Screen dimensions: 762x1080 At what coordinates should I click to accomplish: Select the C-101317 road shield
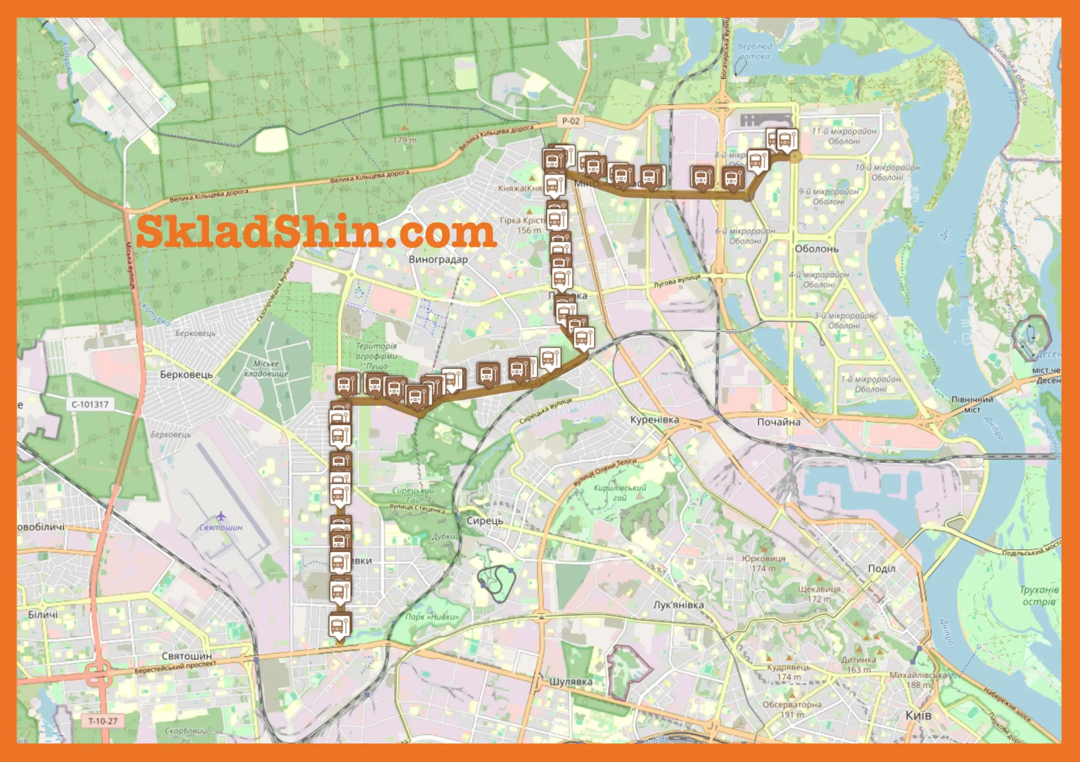(90, 404)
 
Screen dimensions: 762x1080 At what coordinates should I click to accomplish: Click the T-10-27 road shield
(103, 721)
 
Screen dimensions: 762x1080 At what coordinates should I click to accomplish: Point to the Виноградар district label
(438, 259)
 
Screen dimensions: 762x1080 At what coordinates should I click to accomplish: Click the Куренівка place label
(654, 420)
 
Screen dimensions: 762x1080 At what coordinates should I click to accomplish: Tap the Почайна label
(778, 422)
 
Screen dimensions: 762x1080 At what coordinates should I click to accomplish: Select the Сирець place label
(485, 521)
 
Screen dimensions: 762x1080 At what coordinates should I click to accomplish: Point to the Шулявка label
(571, 681)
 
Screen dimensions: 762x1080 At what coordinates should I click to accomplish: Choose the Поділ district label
(881, 569)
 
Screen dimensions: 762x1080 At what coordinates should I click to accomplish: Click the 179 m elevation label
(405, 140)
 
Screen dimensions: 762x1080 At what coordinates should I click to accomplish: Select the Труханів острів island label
(1039, 595)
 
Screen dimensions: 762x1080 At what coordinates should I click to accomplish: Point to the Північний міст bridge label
(972, 404)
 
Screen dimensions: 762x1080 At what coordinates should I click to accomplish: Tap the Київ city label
(918, 716)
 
